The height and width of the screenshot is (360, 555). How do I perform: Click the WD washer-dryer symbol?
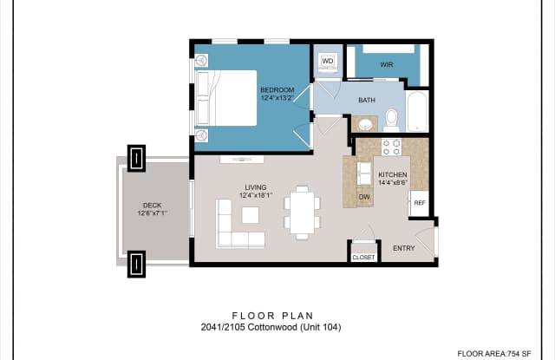[328, 62]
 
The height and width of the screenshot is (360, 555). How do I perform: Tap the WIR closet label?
[387, 65]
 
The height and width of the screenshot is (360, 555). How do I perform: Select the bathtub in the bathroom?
[418, 112]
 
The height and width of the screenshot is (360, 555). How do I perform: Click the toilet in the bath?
[391, 120]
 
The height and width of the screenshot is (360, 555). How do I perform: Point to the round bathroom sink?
[366, 124]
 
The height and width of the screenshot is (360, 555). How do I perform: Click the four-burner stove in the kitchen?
[391, 147]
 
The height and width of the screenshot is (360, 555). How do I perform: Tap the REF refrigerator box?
[420, 203]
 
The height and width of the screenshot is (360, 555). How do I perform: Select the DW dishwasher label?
[364, 197]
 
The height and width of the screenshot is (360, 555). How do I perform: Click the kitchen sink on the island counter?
[364, 173]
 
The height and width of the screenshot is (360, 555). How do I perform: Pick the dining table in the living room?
[303, 213]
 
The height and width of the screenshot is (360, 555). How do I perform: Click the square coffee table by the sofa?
[251, 215]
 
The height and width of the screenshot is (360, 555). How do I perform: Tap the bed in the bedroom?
[226, 98]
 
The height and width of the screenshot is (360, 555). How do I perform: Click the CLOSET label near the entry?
[364, 258]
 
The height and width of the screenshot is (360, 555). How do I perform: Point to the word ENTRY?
[404, 248]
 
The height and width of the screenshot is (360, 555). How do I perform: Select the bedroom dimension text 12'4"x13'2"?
[277, 98]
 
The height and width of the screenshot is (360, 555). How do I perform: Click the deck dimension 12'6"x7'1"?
[153, 213]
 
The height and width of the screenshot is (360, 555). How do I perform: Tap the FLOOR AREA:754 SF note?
[494, 354]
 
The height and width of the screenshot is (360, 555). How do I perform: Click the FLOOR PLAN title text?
[273, 316]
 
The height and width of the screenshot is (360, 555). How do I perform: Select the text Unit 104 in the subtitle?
[321, 327]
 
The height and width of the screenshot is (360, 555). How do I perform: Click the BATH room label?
[367, 100]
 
